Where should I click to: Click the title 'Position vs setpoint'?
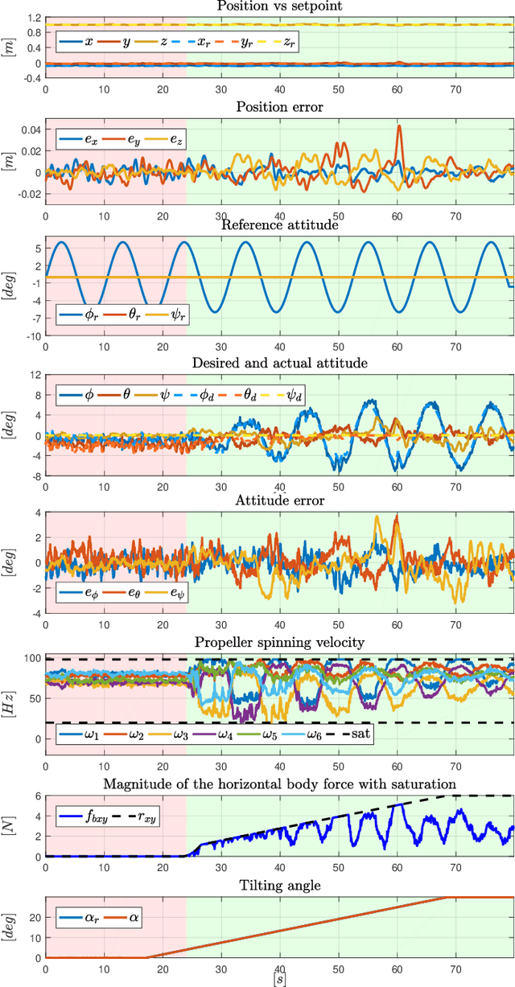tap(278, 6)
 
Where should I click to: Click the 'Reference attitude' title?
tap(278, 226)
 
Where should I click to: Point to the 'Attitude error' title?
tap(278, 501)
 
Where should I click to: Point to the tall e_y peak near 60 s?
tap(398, 127)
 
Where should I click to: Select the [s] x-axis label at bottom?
tap(278, 981)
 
